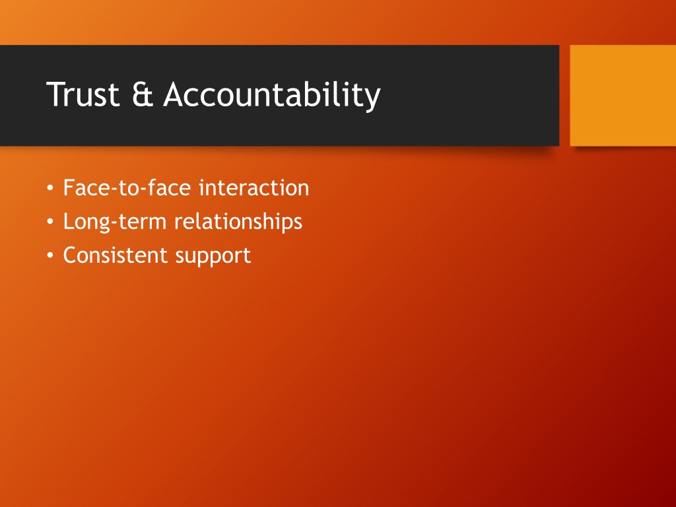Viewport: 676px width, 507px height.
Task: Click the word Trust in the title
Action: [x=83, y=94]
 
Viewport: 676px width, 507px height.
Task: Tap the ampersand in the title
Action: [x=143, y=94]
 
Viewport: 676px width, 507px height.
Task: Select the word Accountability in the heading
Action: [x=272, y=96]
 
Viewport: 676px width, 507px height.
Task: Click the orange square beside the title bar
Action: [x=623, y=95]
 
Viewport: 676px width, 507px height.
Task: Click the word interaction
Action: [x=254, y=187]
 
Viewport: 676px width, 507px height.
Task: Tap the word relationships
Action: [x=238, y=222]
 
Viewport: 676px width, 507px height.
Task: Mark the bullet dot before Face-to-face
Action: [x=50, y=188]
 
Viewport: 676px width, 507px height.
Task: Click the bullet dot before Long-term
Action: [x=50, y=222]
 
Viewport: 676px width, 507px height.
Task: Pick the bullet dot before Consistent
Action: [x=50, y=255]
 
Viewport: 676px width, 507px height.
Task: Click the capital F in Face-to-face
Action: [x=69, y=187]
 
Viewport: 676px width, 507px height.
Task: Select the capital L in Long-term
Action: [x=69, y=222]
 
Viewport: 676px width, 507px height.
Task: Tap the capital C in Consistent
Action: [x=70, y=255]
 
